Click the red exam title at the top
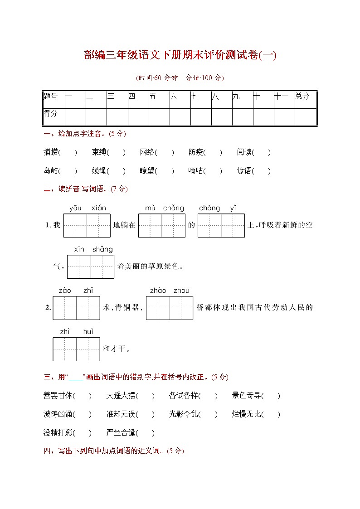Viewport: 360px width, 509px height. click(180, 55)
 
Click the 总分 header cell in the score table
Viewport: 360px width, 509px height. click(302, 96)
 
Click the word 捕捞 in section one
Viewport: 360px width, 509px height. click(51, 152)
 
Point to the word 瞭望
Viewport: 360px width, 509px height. click(147, 171)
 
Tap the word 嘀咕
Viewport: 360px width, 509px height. click(196, 171)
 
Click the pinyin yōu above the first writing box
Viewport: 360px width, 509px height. click(75, 208)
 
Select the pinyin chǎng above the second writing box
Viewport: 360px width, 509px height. click(173, 208)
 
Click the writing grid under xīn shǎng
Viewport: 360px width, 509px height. click(91, 267)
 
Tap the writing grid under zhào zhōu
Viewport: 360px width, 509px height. click(170, 308)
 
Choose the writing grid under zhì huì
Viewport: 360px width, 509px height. click(76, 349)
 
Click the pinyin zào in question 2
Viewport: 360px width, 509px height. click(65, 291)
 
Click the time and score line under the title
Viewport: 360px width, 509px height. click(180, 78)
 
